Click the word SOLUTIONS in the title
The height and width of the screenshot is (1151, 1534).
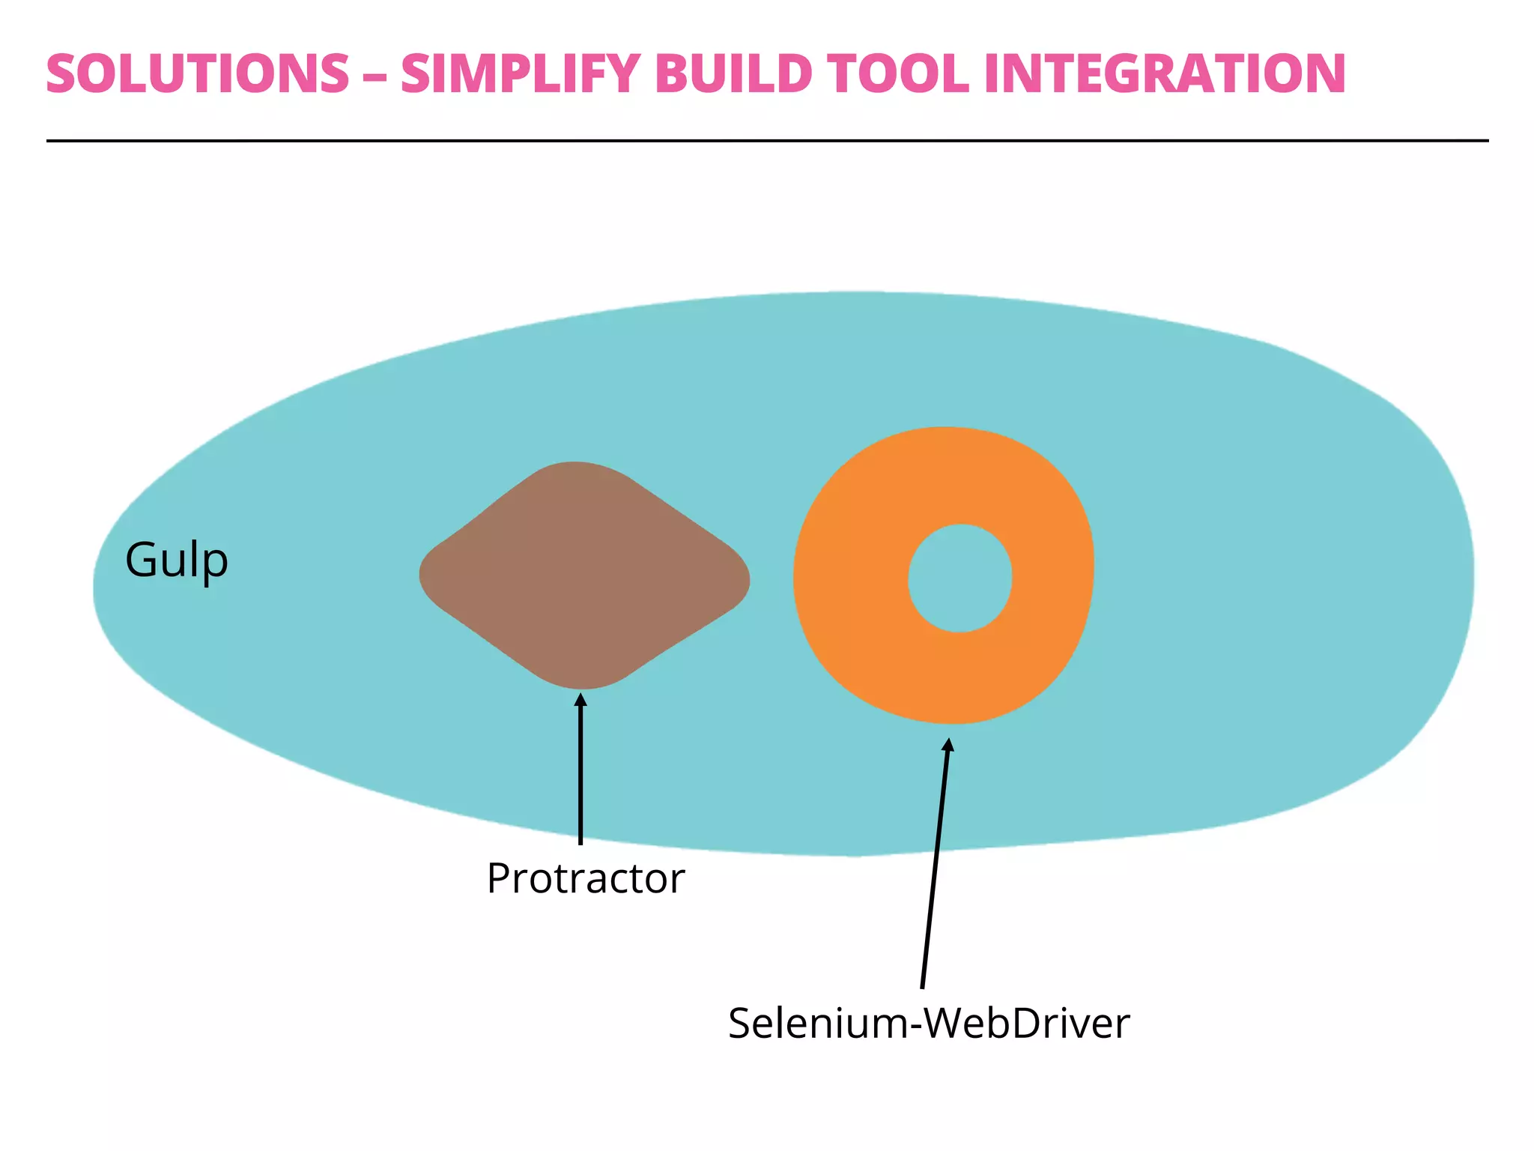198,74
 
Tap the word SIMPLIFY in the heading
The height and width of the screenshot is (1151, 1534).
519,74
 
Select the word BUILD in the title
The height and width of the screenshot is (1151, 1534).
733,74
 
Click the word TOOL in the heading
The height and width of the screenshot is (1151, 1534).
898,74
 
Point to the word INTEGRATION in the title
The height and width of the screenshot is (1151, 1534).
1165,74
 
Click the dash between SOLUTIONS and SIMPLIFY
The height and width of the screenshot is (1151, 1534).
375,76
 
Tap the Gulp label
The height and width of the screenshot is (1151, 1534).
176,560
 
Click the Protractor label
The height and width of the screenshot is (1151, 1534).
585,878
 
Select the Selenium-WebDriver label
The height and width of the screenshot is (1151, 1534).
928,1023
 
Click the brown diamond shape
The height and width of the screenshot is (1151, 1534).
583,575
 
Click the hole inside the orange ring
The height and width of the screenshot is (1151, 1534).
960,578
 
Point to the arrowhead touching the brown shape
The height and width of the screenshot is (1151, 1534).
580,700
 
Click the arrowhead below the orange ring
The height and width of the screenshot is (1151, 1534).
948,744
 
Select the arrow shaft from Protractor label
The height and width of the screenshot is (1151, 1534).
580,779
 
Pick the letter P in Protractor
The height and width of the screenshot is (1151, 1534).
498,878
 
